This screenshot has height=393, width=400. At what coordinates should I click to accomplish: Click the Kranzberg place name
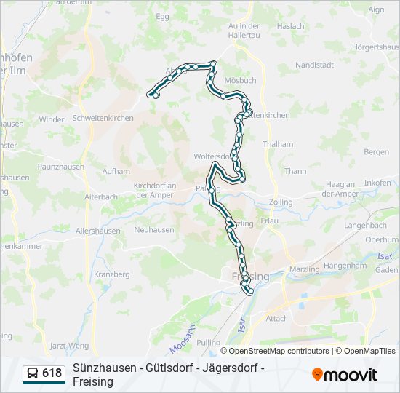point(112,274)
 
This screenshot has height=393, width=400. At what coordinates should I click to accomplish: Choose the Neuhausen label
point(154,229)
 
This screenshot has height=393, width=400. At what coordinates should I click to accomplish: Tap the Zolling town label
point(281,202)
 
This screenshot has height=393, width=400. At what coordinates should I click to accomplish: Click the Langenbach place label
point(366,226)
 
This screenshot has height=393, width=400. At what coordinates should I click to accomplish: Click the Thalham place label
point(278,144)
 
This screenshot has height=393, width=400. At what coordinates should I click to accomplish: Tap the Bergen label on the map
point(377,152)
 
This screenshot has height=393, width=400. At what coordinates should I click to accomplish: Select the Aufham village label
point(116,172)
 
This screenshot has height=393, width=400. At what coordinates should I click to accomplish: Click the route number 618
point(52,373)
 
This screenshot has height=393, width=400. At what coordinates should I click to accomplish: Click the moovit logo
point(345,374)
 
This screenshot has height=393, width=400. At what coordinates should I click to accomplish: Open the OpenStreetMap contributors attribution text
point(269,351)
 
